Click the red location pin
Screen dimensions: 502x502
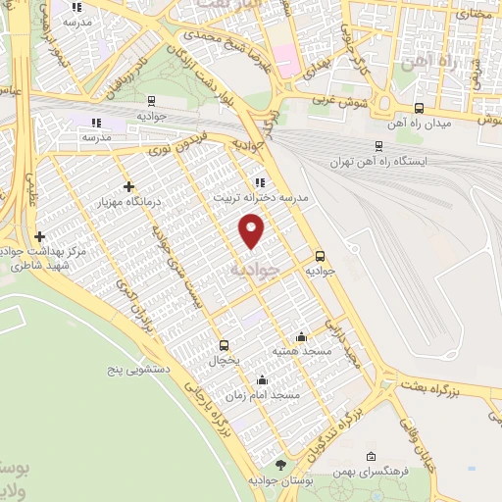coord(252,231)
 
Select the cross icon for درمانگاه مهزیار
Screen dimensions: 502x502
coord(128,186)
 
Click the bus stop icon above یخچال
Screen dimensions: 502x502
coord(225,345)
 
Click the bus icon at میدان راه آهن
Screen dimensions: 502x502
coord(420,108)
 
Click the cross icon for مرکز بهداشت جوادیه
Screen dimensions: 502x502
coord(39,236)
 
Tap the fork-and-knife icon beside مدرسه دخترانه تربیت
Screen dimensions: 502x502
coord(259,181)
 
